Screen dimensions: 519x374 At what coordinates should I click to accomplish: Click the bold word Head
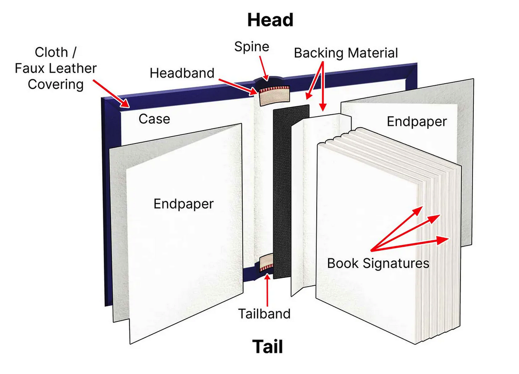tap(270, 20)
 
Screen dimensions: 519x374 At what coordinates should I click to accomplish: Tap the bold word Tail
tap(268, 346)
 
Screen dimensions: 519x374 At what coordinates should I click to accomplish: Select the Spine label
tap(252, 47)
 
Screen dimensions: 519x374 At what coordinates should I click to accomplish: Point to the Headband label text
tap(182, 73)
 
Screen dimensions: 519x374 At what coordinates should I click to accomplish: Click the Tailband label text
tap(264, 314)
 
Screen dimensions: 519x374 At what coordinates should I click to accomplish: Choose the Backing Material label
tap(346, 53)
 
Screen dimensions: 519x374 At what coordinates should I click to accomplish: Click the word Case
tap(154, 119)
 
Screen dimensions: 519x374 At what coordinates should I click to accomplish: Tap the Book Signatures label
tap(378, 264)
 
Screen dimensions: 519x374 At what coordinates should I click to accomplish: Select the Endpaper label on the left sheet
tap(183, 204)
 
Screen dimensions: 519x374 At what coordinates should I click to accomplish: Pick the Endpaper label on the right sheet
tap(417, 122)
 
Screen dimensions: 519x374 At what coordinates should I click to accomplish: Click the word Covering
tap(56, 84)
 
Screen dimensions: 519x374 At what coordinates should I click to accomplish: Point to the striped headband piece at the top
tap(275, 95)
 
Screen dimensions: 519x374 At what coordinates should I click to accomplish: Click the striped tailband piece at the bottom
tap(267, 262)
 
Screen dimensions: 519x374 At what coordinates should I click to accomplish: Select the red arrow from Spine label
tap(264, 68)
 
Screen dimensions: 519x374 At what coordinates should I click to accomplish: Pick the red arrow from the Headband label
tap(238, 87)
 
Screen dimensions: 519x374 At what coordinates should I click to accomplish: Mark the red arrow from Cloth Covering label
tap(111, 94)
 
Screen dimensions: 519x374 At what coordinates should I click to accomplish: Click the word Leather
tap(73, 68)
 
